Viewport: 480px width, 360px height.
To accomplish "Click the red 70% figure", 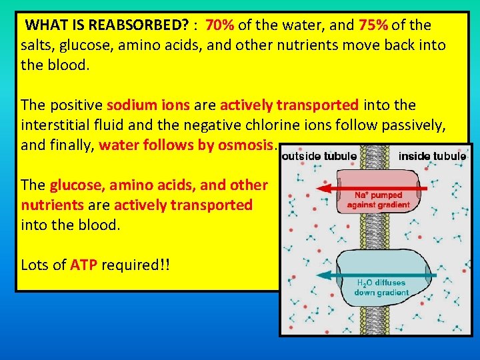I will click(x=219, y=26).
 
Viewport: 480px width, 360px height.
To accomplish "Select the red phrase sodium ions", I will click(x=148, y=105).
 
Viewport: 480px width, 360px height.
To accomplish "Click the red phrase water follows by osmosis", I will click(x=186, y=145).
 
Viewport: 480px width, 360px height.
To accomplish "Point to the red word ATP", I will click(x=83, y=265).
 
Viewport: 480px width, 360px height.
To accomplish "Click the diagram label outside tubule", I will click(x=319, y=157).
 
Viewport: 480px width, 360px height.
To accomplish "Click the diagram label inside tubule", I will click(x=432, y=157).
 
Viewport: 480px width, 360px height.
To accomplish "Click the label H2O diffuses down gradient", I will click(x=379, y=287).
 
